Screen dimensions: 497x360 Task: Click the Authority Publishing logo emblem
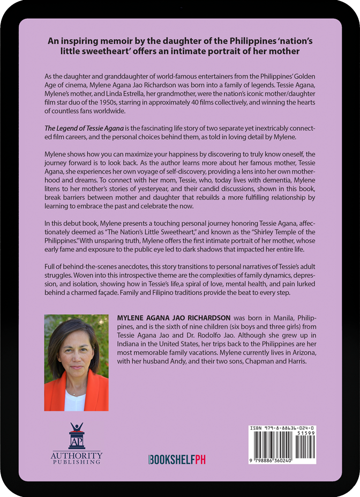pos(77,436)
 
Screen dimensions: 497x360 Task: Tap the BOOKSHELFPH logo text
pos(177,459)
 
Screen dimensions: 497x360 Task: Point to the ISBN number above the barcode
pos(282,429)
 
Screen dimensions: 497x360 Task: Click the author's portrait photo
pos(77,362)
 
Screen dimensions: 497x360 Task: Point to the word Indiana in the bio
pos(129,344)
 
